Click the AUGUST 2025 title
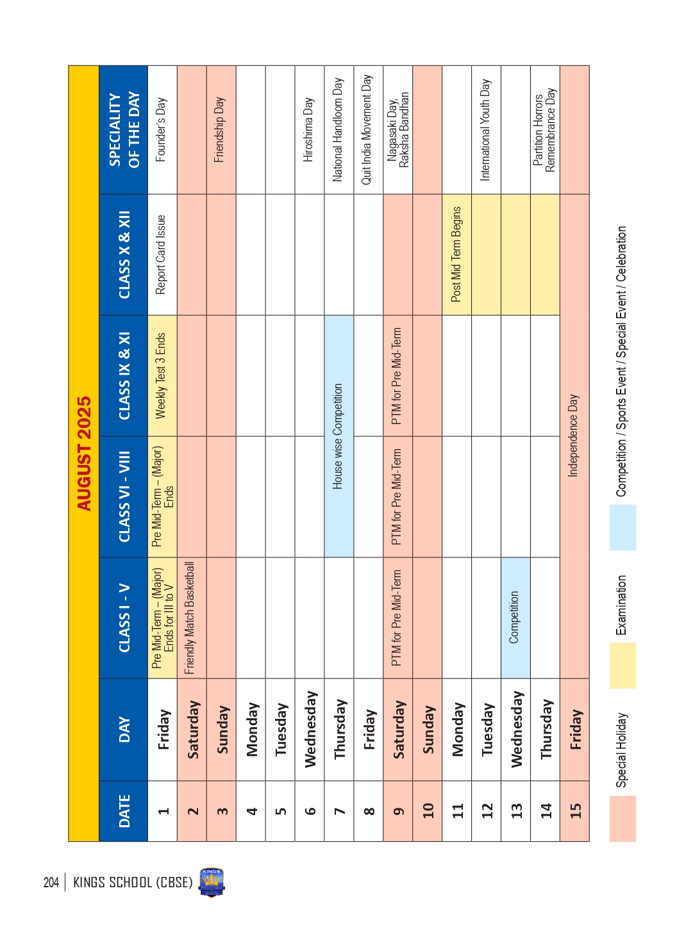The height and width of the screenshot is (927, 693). (x=84, y=453)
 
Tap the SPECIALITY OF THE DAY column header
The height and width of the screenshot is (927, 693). (x=124, y=130)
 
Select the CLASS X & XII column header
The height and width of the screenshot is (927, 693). (x=124, y=254)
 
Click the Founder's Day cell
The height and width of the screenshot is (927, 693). (x=162, y=130)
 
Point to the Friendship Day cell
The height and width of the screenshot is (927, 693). (x=220, y=130)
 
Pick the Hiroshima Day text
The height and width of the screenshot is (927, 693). (x=308, y=130)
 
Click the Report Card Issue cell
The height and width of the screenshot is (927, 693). (x=162, y=254)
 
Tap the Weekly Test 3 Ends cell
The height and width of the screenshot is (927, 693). (x=162, y=375)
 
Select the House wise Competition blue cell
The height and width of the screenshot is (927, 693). (x=338, y=436)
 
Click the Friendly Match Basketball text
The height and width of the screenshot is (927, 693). (x=190, y=618)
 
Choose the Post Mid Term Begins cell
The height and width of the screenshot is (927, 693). (x=456, y=254)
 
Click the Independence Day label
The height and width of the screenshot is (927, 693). (x=574, y=436)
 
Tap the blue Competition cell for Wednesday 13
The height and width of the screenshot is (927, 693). (x=515, y=618)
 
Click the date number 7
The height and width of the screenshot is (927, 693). (x=339, y=810)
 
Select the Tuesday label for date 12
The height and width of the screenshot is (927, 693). (x=487, y=729)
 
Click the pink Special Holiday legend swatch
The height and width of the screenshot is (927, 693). (x=174, y=818)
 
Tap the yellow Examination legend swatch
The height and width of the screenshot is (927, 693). (x=174, y=666)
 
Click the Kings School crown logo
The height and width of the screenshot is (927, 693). (x=212, y=882)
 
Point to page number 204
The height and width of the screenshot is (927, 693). (x=51, y=882)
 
